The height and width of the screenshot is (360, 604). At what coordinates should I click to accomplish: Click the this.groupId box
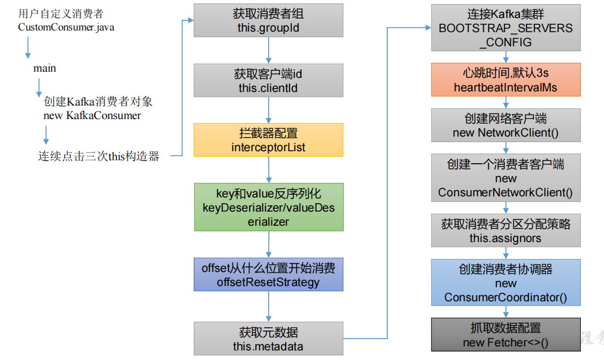pyautogui.click(x=268, y=21)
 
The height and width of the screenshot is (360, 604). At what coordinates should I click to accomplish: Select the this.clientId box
pyautogui.click(x=268, y=80)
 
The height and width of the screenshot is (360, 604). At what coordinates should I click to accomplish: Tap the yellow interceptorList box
pyautogui.click(x=268, y=139)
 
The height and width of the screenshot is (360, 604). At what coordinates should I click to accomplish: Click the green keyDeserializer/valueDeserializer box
pyautogui.click(x=268, y=207)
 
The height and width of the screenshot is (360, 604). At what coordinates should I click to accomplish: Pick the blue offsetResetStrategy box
pyautogui.click(x=268, y=275)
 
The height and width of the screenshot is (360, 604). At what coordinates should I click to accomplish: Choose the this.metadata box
pyautogui.click(x=268, y=339)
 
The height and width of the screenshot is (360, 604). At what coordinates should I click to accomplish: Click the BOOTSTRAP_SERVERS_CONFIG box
pyautogui.click(x=506, y=28)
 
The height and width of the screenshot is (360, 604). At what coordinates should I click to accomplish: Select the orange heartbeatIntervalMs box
pyautogui.click(x=506, y=80)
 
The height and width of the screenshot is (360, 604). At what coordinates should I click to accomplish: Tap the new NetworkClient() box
pyautogui.click(x=506, y=125)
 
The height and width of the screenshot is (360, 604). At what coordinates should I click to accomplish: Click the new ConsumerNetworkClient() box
pyautogui.click(x=506, y=178)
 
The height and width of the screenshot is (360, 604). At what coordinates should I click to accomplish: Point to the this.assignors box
pyautogui.click(x=506, y=230)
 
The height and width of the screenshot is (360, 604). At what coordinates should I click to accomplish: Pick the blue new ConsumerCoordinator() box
pyautogui.click(x=506, y=283)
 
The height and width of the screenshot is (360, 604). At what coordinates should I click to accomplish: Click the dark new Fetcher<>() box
pyautogui.click(x=506, y=335)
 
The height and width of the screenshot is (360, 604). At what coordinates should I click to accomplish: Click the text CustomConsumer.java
pyautogui.click(x=66, y=27)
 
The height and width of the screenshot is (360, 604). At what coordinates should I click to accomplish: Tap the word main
pyautogui.click(x=45, y=68)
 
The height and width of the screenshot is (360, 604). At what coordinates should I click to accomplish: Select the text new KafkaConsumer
pyautogui.click(x=92, y=116)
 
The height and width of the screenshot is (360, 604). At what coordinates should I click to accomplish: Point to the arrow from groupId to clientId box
pyautogui.click(x=268, y=51)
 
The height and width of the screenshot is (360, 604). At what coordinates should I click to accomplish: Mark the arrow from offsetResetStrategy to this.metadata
pyautogui.click(x=268, y=306)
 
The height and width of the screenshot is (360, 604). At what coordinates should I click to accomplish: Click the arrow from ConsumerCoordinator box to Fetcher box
pyautogui.click(x=506, y=312)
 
